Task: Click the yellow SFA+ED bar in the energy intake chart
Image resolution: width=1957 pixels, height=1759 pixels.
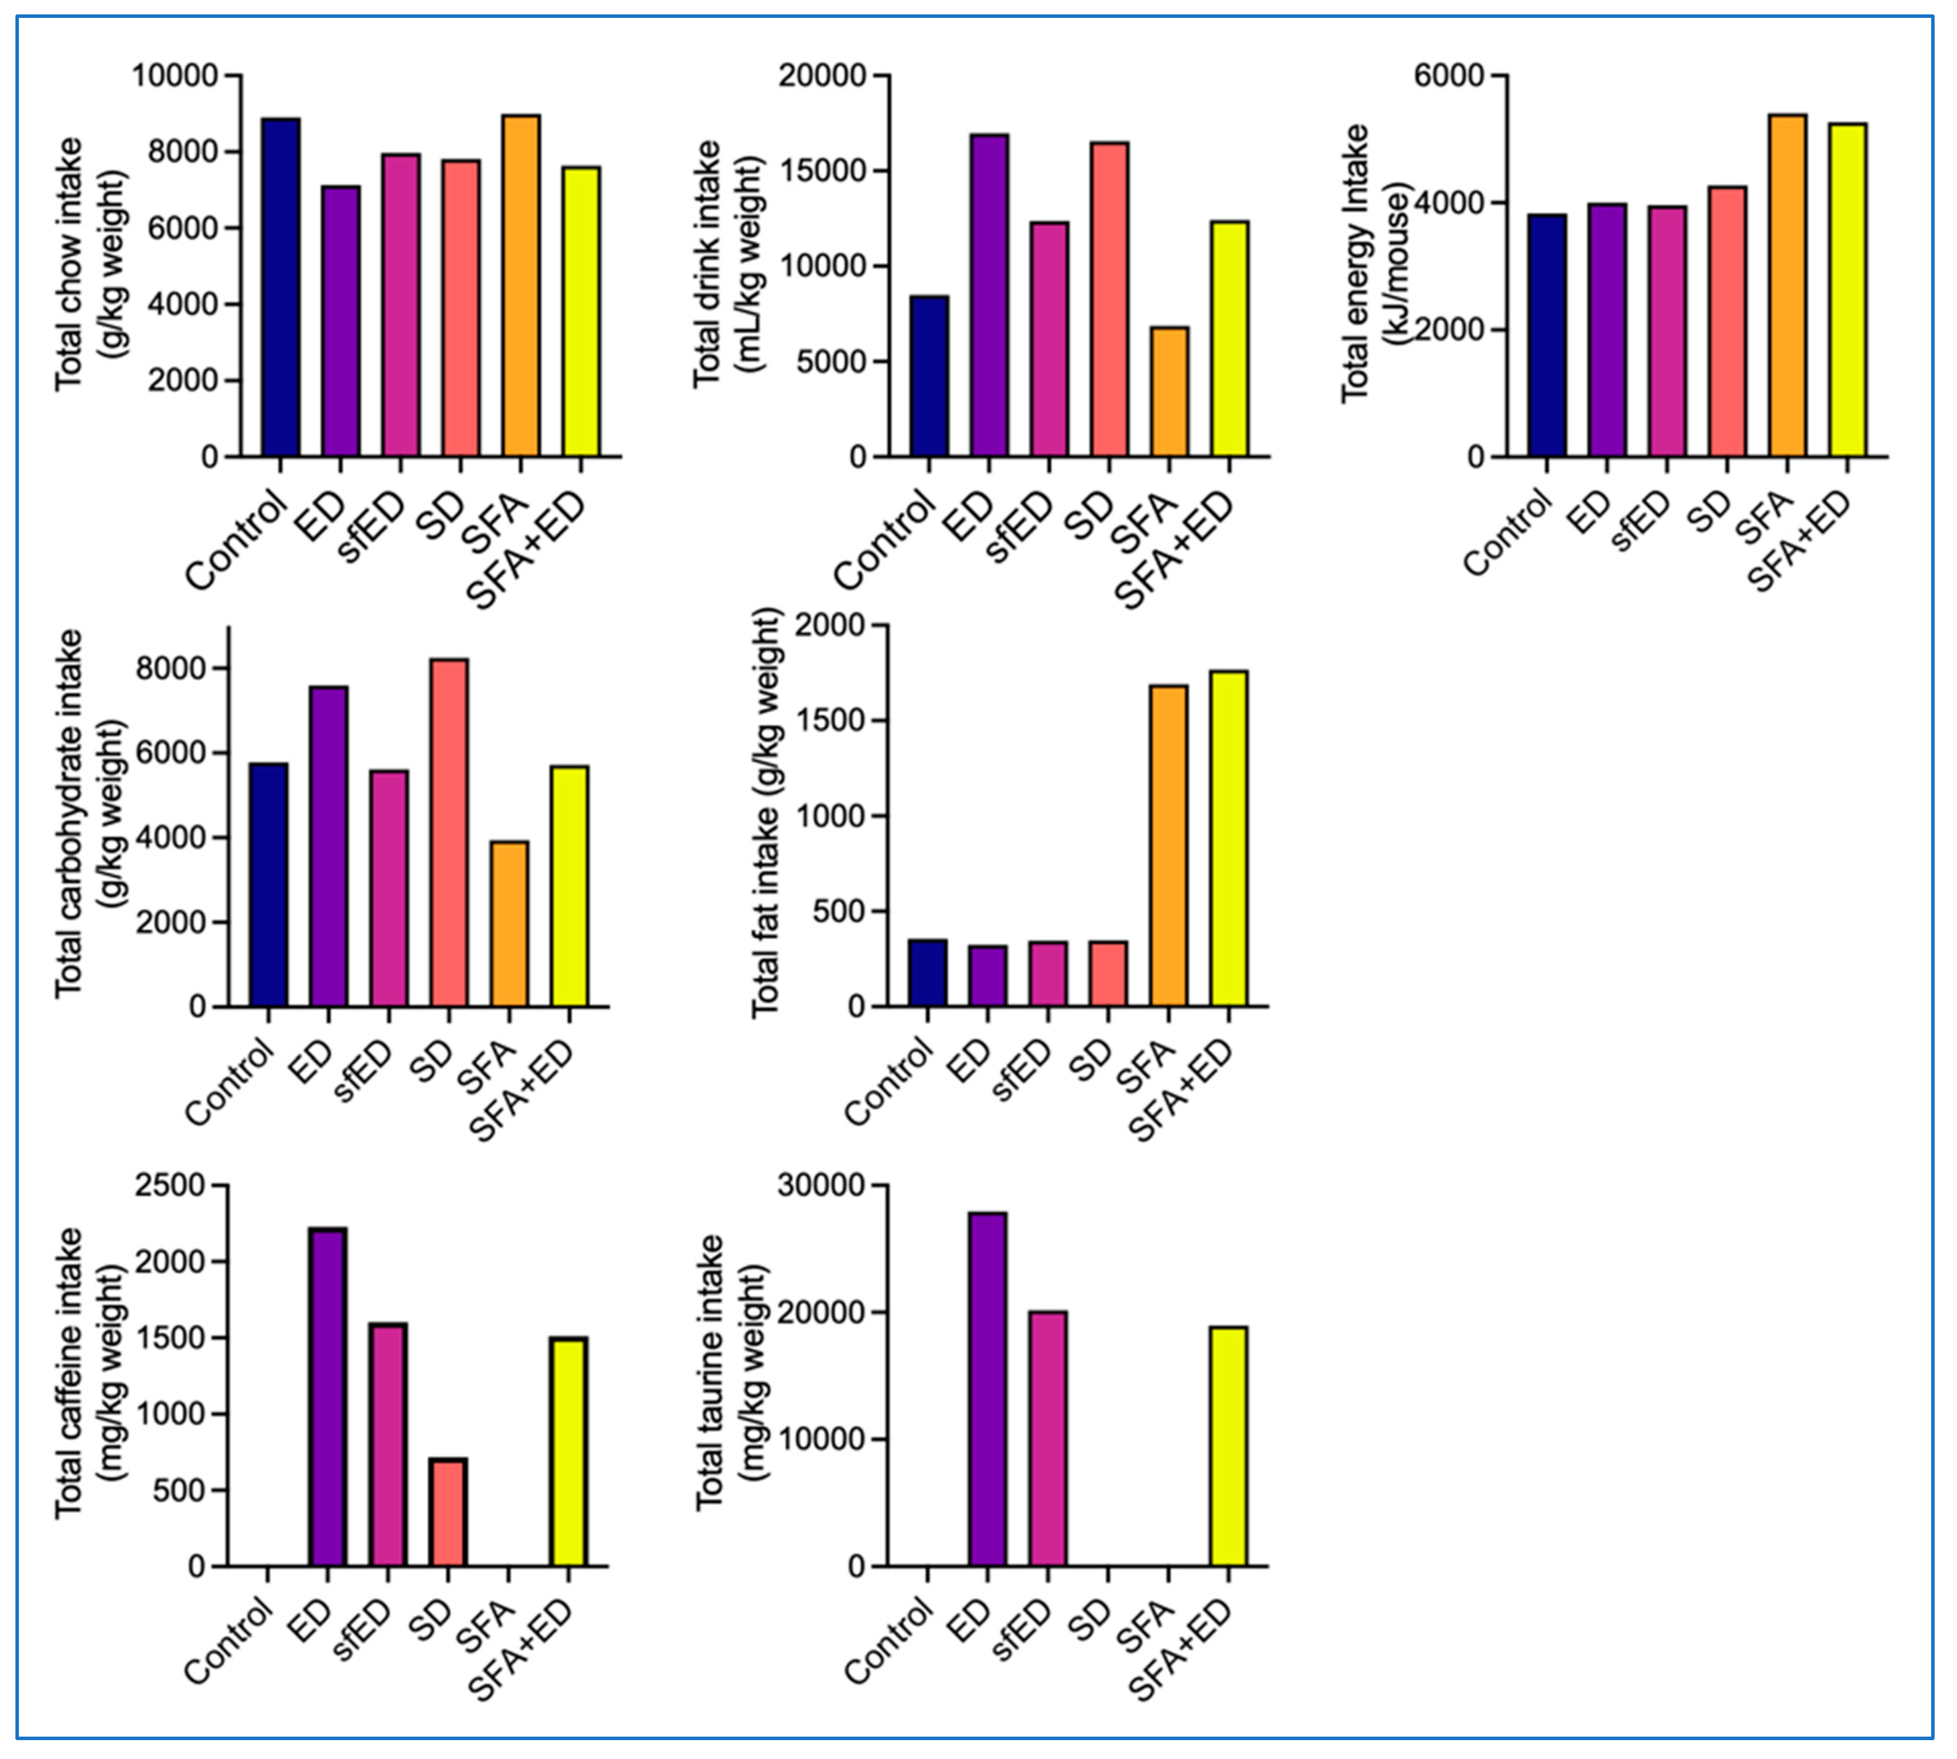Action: pos(1848,290)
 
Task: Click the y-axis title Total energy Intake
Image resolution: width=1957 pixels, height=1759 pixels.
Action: pos(1356,263)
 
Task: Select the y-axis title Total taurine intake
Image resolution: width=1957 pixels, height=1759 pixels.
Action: pos(710,1373)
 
